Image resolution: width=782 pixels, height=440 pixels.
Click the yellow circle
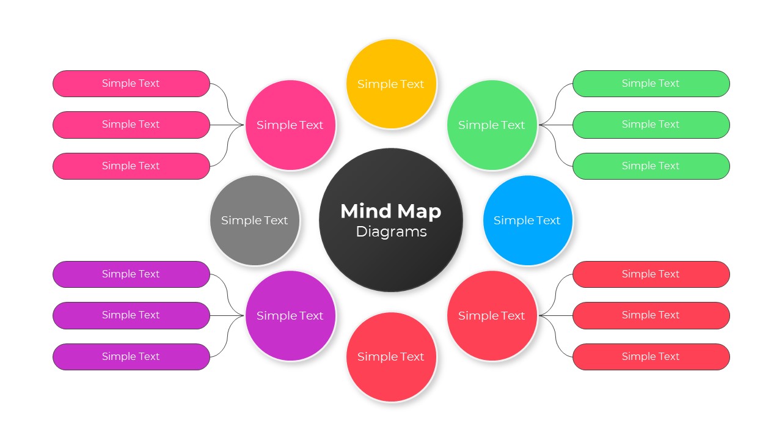(391, 84)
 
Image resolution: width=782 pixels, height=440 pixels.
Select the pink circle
(290, 125)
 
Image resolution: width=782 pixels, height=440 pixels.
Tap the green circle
(492, 125)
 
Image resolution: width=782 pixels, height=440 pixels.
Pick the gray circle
(255, 220)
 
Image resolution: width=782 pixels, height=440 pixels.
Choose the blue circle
(527, 220)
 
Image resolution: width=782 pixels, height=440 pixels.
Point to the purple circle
(290, 315)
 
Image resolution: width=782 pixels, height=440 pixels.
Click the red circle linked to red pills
(492, 315)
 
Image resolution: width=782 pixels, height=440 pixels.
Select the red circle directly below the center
(391, 357)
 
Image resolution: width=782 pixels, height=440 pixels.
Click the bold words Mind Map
(391, 211)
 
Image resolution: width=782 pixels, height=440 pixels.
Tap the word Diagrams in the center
(391, 232)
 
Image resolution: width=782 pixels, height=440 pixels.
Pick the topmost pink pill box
(131, 84)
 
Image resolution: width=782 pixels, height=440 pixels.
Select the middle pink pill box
(131, 125)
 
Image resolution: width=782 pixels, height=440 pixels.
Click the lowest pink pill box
(131, 166)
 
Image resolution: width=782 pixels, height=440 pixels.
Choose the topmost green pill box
(651, 84)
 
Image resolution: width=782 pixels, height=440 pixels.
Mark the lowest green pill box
(651, 166)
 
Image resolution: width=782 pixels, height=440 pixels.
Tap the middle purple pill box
(131, 315)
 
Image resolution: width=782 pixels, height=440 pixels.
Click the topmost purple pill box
(131, 274)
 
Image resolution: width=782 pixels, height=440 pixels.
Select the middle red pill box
(651, 315)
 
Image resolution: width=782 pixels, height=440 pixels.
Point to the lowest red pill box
(651, 357)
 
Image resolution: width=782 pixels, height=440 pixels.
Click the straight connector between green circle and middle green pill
(556, 125)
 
